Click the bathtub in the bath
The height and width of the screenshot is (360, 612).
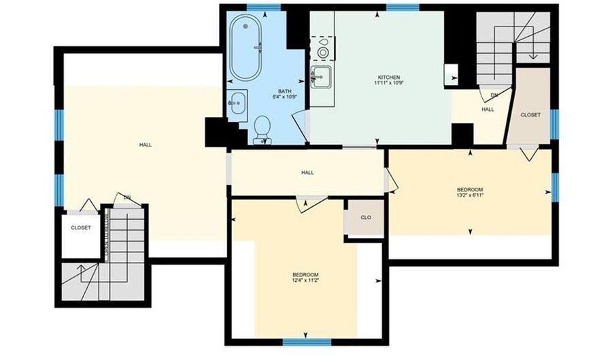click(245, 48)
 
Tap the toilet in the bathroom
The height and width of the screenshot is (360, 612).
click(262, 130)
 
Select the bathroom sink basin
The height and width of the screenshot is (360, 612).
click(237, 103)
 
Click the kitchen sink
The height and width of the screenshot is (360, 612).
click(322, 76)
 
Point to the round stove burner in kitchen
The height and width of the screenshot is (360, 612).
click(322, 52)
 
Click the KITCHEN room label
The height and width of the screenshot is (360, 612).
click(389, 78)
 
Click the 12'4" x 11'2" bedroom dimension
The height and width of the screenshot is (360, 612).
click(305, 280)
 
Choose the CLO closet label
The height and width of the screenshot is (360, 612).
click(366, 218)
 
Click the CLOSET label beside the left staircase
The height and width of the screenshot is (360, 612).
click(81, 227)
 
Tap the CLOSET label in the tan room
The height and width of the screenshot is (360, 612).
click(531, 115)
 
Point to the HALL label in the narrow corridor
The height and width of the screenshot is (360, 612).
click(307, 173)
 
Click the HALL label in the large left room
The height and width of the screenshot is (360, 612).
click(146, 145)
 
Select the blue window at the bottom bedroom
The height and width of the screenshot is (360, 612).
click(307, 342)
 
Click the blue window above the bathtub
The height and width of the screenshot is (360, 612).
click(264, 7)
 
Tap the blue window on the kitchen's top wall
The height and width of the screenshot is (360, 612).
click(403, 7)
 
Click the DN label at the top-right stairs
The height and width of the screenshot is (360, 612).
click(494, 95)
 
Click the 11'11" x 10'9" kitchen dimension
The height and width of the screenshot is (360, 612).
click(389, 83)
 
